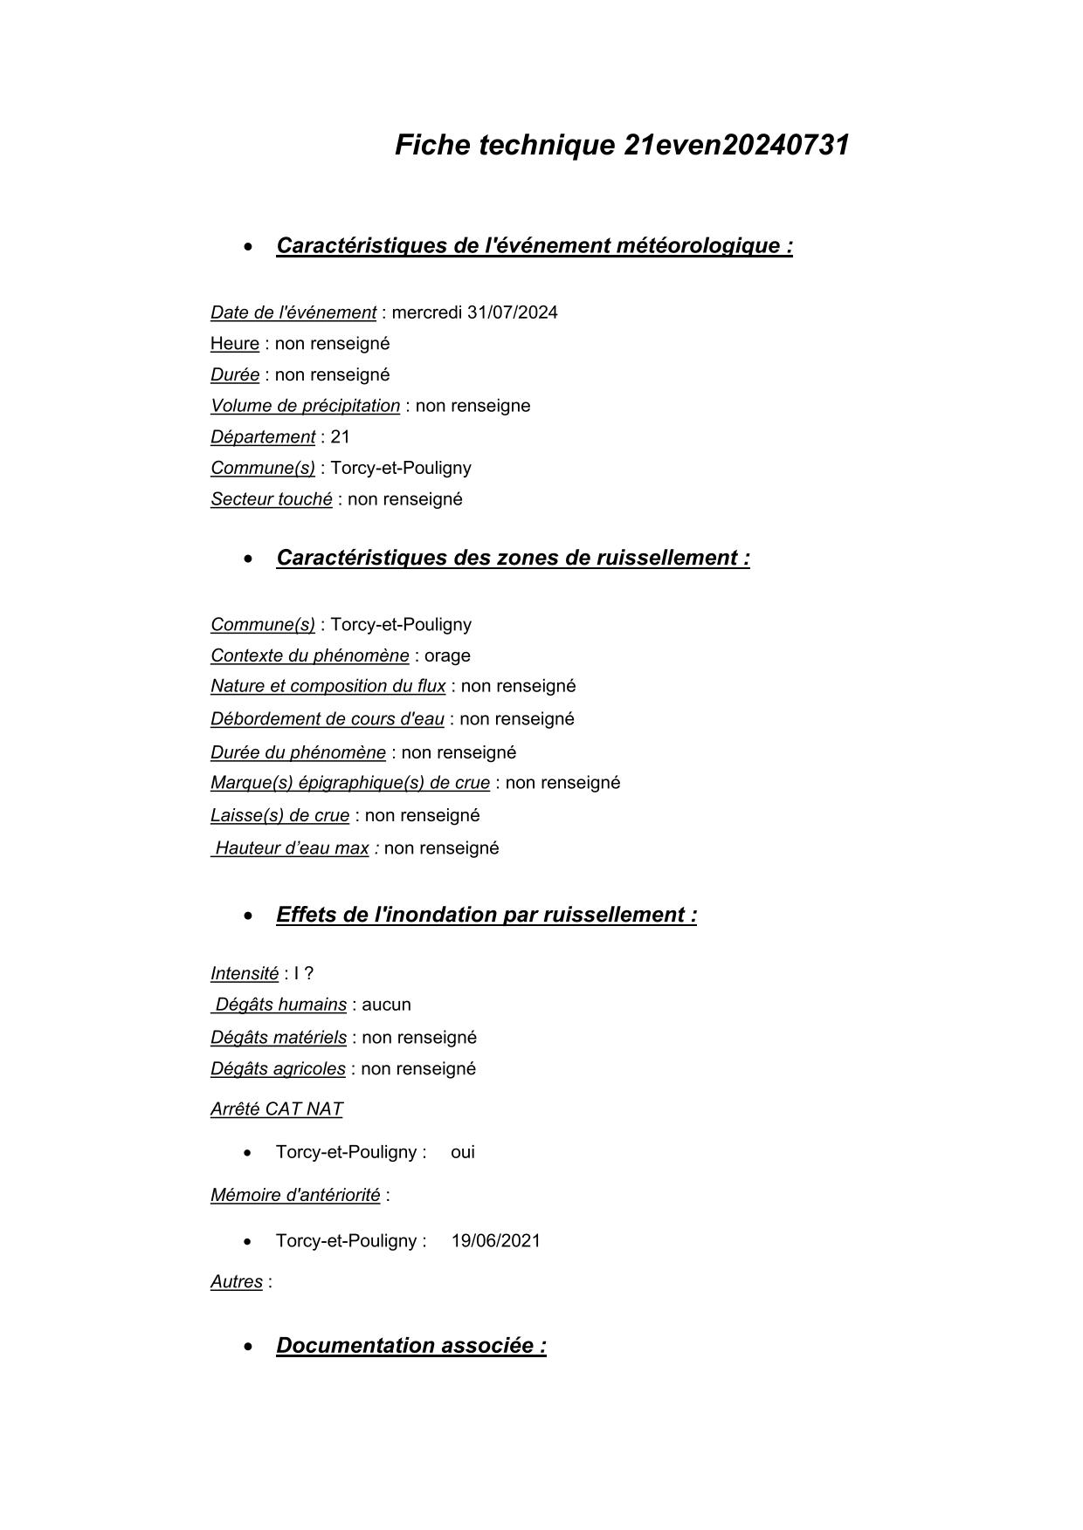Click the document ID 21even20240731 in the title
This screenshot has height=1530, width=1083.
point(736,145)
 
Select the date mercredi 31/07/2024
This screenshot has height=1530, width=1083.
point(474,312)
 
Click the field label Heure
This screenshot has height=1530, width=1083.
point(234,344)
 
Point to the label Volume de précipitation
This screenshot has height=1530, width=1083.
point(305,406)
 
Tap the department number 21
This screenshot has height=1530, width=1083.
point(340,437)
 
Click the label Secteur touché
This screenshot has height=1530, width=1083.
point(271,499)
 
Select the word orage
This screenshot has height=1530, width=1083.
point(447,655)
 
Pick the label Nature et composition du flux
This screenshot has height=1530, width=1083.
point(328,686)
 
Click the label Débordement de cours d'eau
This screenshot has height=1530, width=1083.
point(327,719)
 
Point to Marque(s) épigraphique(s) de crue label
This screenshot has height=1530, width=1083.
point(349,783)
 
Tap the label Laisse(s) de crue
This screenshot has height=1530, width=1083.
point(279,815)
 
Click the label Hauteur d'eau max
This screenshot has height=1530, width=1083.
point(292,848)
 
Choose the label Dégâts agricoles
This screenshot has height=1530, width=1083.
point(278,1069)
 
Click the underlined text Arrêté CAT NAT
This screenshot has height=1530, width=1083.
point(276,1109)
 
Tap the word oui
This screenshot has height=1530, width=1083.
point(463,1152)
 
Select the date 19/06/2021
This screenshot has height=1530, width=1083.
point(495,1241)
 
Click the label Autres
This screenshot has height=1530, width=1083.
point(236,1282)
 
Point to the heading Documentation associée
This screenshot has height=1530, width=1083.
point(410,1345)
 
